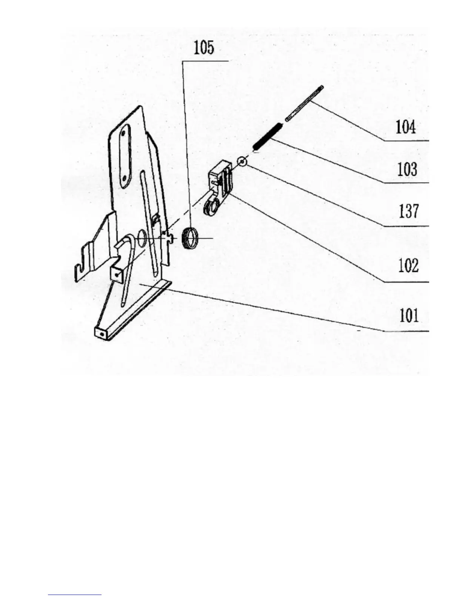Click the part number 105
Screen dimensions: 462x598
click(204, 48)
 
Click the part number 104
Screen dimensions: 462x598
click(406, 127)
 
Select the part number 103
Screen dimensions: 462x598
click(407, 170)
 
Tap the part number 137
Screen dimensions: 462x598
click(408, 211)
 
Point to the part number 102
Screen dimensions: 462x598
click(408, 266)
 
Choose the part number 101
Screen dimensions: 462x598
click(409, 315)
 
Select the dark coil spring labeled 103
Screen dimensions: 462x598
click(267, 136)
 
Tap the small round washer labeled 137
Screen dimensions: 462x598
click(242, 162)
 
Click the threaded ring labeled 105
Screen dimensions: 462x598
click(191, 239)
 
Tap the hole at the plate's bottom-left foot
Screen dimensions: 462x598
click(100, 334)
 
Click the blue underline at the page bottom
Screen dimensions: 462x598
click(75, 595)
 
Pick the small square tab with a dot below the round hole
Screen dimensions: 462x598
click(118, 274)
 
